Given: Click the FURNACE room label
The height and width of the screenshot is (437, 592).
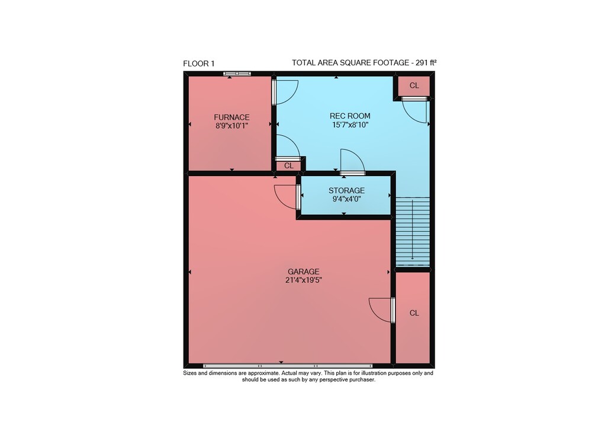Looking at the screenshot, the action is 231,117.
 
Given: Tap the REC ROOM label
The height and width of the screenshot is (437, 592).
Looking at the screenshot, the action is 350,116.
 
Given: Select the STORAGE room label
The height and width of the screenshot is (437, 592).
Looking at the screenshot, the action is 346,190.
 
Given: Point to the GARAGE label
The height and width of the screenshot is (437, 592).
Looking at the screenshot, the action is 304,272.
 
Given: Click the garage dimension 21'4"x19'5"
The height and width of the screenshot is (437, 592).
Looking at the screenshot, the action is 304,280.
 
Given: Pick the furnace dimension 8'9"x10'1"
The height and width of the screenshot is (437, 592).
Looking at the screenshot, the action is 231,126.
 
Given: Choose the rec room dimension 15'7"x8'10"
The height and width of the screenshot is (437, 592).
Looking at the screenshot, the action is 350,125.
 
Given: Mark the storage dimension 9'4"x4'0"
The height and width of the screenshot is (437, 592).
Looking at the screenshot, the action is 346,199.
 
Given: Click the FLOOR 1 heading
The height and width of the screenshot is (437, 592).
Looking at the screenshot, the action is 198,63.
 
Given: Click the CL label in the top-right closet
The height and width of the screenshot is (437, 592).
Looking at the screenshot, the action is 414,85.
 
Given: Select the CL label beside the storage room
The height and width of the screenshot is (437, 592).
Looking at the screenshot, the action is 289,166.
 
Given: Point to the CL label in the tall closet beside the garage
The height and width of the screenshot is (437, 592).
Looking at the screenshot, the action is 414,313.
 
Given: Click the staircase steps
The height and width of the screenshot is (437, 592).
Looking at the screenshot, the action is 412,231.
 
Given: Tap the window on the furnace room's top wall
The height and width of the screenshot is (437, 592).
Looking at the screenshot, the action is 237,74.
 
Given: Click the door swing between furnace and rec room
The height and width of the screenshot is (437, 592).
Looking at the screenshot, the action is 285,92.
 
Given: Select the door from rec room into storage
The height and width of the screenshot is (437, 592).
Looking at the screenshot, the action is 352,162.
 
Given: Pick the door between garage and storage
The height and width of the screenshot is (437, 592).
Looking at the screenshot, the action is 287,197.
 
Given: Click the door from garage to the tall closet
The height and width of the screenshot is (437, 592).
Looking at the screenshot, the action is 382,310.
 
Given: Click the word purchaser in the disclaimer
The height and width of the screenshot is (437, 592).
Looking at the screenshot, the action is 362,379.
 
